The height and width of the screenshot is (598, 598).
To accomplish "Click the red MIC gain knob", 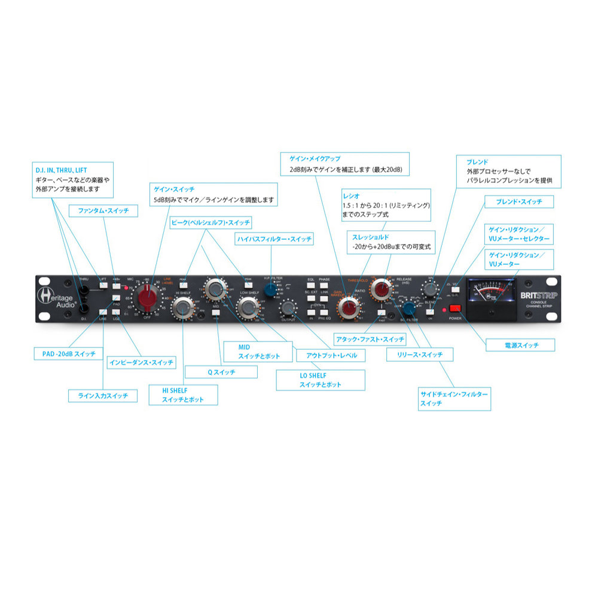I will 145,295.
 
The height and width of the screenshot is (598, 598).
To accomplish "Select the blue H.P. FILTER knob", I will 271,291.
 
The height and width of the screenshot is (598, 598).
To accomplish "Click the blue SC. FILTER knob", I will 409,308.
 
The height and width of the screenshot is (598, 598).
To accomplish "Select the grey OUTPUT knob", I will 288,308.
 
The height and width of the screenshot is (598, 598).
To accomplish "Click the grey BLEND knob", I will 429,289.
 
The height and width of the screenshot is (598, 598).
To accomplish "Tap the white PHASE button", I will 324,287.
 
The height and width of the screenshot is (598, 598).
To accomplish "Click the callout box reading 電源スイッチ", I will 520,345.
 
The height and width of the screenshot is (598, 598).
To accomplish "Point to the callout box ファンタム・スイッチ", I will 103,210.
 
